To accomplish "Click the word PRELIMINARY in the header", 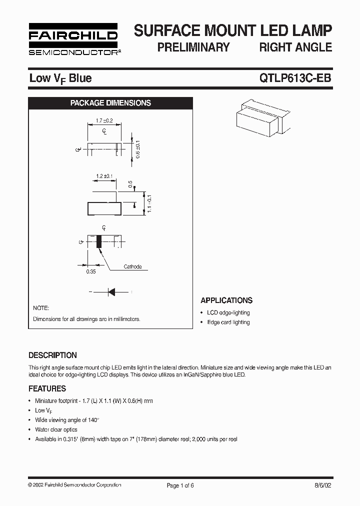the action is tap(193, 47).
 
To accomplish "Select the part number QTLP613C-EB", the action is tap(295, 78).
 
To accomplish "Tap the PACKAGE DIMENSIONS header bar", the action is tap(110, 103).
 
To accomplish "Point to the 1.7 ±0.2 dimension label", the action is tap(104, 120).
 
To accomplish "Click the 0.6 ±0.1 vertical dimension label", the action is tap(138, 149).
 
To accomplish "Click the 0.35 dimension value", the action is tap(91, 271).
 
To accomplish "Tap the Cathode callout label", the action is tap(132, 266).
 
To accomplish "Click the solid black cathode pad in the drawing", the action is tap(99, 241).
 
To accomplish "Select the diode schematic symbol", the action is tap(111, 291).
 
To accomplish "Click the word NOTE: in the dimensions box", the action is tap(41, 308).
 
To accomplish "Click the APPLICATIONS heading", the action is tap(226, 300).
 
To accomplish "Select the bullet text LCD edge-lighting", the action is tap(228, 312).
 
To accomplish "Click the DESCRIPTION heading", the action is tap(52, 355).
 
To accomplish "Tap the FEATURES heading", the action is tap(47, 388).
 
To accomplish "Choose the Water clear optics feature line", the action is tap(56, 429).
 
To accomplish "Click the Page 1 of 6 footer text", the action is tap(179, 485).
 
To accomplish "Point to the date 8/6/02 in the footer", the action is tap(322, 485).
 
